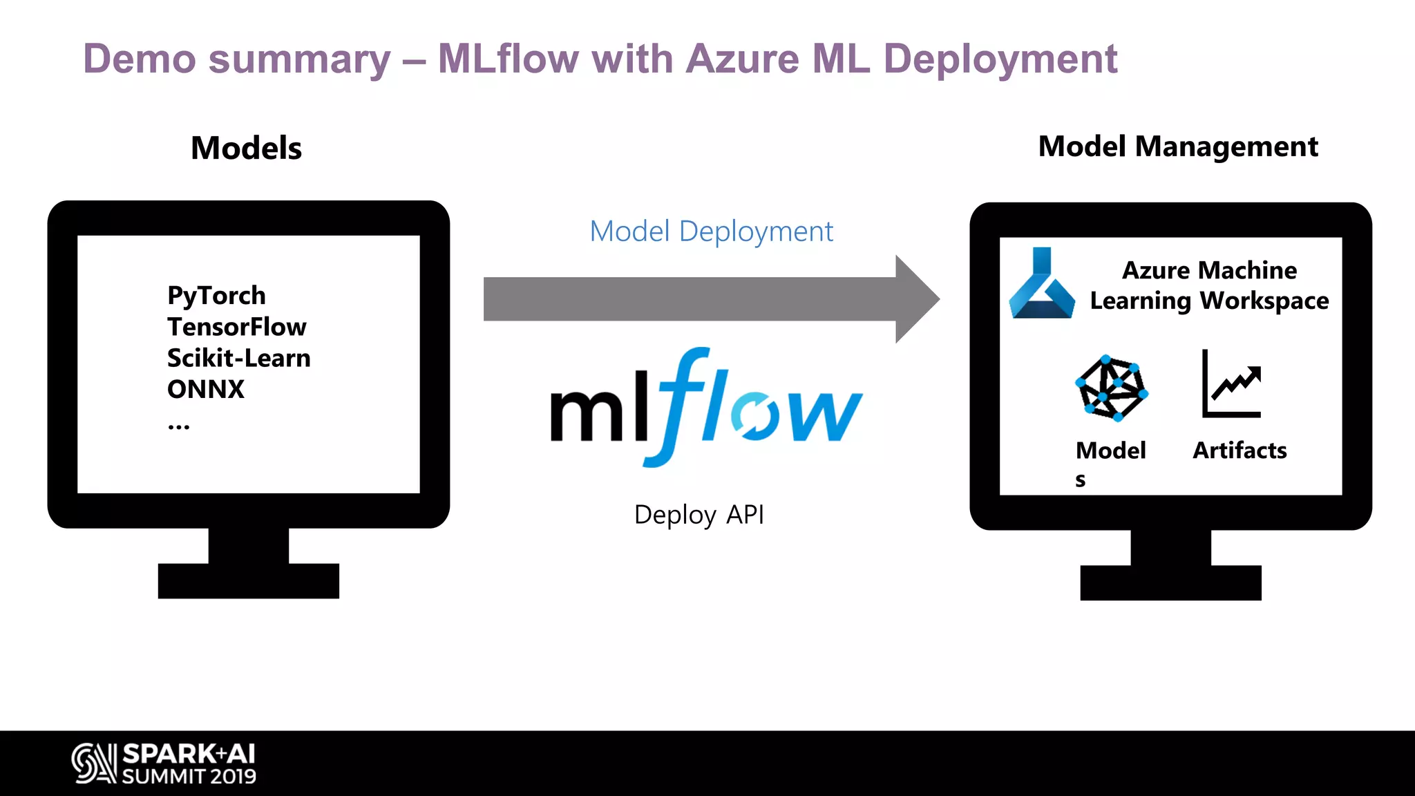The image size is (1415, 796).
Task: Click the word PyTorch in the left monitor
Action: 216,296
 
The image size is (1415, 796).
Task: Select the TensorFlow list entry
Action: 236,327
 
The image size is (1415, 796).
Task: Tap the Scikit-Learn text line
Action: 238,358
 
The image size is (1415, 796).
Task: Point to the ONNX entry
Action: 205,389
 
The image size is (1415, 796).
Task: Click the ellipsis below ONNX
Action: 178,426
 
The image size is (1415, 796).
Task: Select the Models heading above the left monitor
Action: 246,148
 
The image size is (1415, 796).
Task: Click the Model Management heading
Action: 1178,146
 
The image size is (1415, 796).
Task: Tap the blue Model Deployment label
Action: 711,231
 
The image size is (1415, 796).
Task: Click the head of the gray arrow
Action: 915,299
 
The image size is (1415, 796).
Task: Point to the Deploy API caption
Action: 699,515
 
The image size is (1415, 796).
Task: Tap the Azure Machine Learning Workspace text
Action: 1209,285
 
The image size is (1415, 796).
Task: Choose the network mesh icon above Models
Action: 1111,388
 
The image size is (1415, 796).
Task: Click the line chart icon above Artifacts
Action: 1232,384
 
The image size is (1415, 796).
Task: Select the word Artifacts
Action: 1240,451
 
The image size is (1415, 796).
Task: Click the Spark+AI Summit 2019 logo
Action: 164,764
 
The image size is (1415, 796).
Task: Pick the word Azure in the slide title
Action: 742,59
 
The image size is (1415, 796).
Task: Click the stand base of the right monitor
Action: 1170,582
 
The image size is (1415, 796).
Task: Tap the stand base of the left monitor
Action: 248,580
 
